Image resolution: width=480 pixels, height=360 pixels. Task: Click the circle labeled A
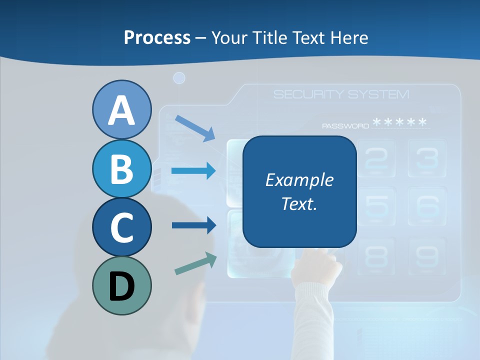121,109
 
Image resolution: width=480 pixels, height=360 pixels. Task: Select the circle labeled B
121,168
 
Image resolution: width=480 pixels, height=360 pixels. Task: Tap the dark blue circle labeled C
121,227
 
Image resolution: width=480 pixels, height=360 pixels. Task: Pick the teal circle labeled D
121,285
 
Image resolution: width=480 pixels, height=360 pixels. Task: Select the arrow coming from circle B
193,171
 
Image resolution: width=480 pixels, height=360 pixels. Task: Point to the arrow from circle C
193,225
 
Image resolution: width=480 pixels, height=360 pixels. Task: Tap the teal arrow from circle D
195,263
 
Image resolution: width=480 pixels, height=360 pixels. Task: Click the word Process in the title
157,37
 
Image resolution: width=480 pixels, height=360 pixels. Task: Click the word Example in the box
299,180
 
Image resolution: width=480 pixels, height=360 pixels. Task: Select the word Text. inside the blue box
299,203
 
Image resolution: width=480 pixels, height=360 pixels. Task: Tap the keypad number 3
426,158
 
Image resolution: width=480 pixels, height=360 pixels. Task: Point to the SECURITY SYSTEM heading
341,94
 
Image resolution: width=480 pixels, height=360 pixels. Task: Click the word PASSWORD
345,126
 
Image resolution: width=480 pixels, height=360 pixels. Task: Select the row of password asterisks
400,122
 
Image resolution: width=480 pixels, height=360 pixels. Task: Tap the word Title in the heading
267,37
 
